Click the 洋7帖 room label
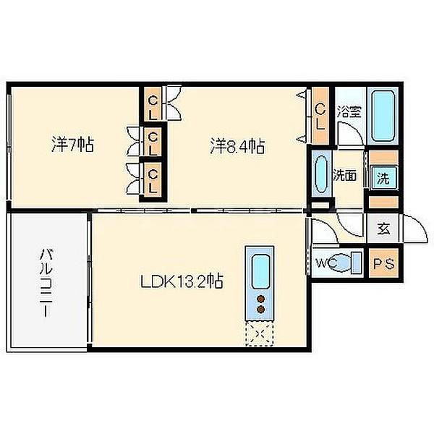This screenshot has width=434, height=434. coord(72,144)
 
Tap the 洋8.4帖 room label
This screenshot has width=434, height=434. coord(237,146)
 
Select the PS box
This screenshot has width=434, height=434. coord(383,263)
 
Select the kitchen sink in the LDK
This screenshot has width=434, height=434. coord(260,271)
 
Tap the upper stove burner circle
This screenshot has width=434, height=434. coord(260,299)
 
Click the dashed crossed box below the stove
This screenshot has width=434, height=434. coord(260,333)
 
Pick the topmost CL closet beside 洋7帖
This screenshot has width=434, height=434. coord(153,105)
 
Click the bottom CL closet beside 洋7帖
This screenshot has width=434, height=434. coord(153,179)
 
